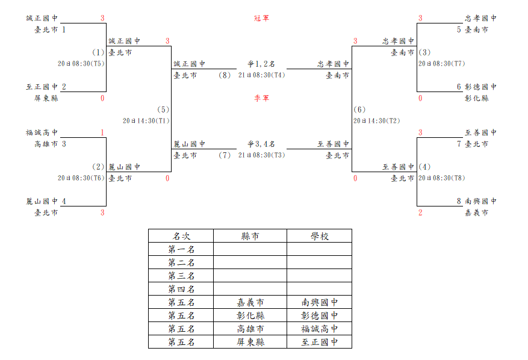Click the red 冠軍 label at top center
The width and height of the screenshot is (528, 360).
click(x=262, y=18)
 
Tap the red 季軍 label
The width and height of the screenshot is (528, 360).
click(x=262, y=98)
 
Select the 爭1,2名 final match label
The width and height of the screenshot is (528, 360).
click(x=261, y=64)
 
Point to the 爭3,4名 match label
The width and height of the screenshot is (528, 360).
click(x=261, y=144)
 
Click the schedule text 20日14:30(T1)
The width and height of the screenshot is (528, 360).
click(x=146, y=121)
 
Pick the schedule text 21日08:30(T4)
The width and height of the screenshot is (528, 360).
click(x=262, y=75)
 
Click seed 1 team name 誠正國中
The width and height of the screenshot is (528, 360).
click(x=42, y=18)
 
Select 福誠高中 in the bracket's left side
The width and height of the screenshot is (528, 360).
click(x=42, y=132)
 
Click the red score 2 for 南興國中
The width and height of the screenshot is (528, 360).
click(x=420, y=213)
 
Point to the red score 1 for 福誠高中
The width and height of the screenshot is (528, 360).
click(x=102, y=132)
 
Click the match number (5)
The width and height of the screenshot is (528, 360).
click(x=163, y=110)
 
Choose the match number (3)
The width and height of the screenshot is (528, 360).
click(x=424, y=52)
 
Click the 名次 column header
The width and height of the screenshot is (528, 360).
click(x=181, y=236)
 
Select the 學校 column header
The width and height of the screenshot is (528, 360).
click(x=320, y=236)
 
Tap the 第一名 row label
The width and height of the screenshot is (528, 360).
click(x=181, y=250)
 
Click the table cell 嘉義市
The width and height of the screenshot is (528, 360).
click(x=250, y=302)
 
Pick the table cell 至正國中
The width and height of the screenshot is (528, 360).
click(x=320, y=342)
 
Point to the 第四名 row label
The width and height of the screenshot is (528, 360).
click(x=181, y=289)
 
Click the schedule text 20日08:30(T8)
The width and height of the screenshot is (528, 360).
click(x=442, y=178)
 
